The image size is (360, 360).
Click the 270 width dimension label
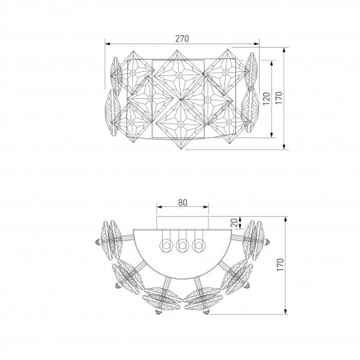(x=182, y=39)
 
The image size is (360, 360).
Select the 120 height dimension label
(x=267, y=98)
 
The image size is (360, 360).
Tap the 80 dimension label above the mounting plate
(x=183, y=202)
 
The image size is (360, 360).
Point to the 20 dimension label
(x=234, y=223)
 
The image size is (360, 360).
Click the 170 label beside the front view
(x=279, y=98)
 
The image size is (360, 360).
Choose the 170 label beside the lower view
(x=280, y=264)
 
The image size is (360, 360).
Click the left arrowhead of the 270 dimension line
(x=108, y=44)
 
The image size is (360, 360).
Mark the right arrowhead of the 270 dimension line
(x=256, y=44)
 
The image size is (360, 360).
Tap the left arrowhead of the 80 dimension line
(x=159, y=207)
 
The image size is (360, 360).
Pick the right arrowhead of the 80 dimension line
(x=206, y=207)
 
